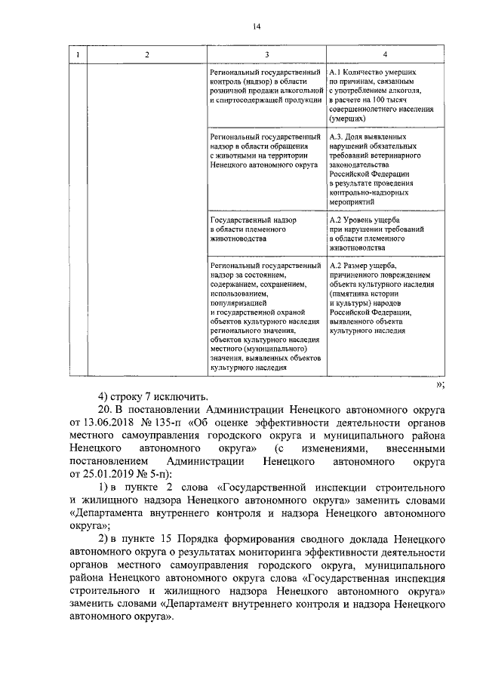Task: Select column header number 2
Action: [147, 54]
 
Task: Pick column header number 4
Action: [385, 54]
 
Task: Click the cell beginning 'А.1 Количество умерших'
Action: [382, 94]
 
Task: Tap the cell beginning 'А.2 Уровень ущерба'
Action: [382, 232]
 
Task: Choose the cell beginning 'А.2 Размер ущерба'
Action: [382, 298]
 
